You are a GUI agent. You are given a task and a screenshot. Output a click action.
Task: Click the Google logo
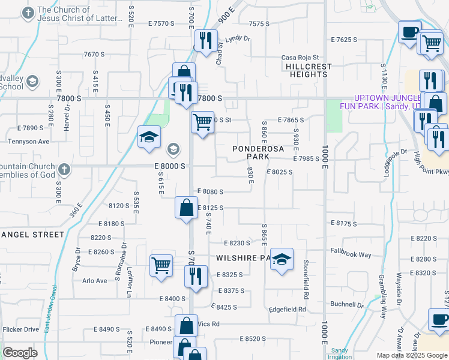tap(20, 353)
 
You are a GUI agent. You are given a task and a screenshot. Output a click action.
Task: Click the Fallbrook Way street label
tap(351, 254)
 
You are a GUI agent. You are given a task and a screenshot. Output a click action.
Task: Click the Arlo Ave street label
tap(94, 281)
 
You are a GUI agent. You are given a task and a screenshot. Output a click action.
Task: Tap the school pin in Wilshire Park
tap(282, 259)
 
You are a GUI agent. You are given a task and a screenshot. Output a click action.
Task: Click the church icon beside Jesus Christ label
tap(28, 12)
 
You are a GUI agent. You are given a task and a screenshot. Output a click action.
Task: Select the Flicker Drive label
tap(21, 329)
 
